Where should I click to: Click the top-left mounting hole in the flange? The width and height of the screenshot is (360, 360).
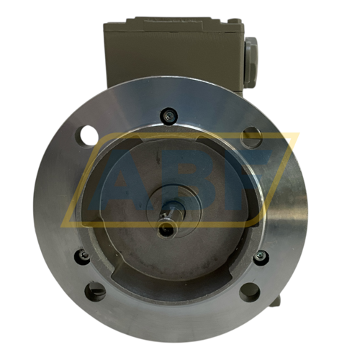pyautogui.click(x=89, y=134)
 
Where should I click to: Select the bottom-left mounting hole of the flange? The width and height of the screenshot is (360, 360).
pyautogui.click(x=94, y=292)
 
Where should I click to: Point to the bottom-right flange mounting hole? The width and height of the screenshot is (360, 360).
pyautogui.click(x=249, y=292)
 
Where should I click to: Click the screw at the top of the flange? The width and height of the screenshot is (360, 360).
pyautogui.click(x=168, y=114)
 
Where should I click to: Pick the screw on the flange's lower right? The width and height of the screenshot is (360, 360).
pyautogui.click(x=260, y=256)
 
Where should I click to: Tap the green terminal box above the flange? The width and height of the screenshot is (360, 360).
pyautogui.click(x=173, y=50)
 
